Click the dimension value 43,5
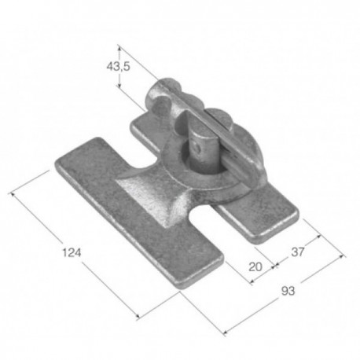coord(118,67)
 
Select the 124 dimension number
coord(72,252)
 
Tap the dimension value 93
coord(288,291)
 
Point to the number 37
coord(298,252)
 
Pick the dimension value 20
coord(255,267)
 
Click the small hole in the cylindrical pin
coord(198,149)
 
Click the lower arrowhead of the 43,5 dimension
coord(119,85)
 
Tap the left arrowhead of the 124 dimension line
coord(12,194)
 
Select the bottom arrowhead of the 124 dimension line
coord(138,318)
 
